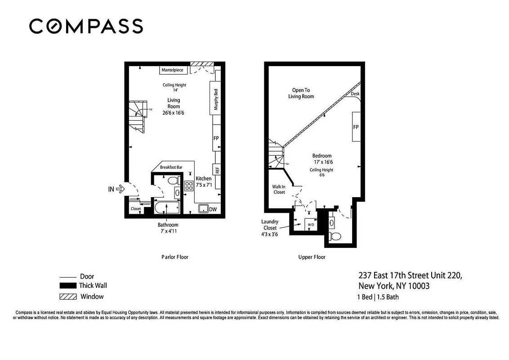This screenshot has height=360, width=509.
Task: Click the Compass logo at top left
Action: pyautogui.click(x=86, y=26)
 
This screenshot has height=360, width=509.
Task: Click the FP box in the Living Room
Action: pyautogui.click(x=216, y=138)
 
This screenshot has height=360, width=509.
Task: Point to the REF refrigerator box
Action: pyautogui.click(x=217, y=170)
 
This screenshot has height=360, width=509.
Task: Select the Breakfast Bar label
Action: pyautogui.click(x=171, y=167)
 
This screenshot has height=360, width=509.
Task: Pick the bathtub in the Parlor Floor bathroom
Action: pyautogui.click(x=167, y=208)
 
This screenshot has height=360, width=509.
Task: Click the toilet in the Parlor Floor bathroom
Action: pyautogui.click(x=173, y=181)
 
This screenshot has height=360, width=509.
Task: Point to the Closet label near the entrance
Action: pyautogui.click(x=135, y=209)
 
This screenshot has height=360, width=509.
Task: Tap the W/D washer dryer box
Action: pyautogui.click(x=310, y=224)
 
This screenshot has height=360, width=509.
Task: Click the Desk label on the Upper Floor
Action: pyautogui.click(x=355, y=94)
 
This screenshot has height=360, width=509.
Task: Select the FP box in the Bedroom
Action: pyautogui.click(x=356, y=127)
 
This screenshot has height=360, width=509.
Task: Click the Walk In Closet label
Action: pyautogui.click(x=279, y=189)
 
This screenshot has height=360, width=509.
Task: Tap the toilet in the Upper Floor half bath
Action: pyautogui.click(x=335, y=237)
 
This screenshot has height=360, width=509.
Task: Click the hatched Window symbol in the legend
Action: pyautogui.click(x=68, y=297)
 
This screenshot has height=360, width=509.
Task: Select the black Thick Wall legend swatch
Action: pyautogui.click(x=68, y=286)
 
